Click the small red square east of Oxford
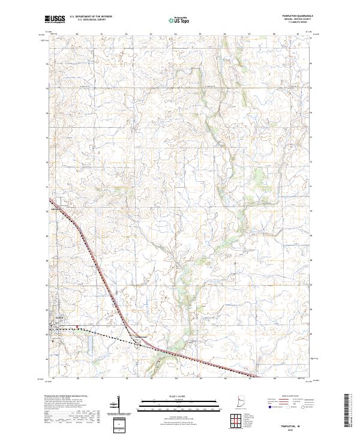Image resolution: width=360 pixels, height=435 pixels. pos(77,327)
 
